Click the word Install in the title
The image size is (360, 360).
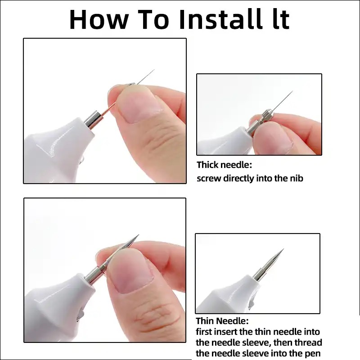(220, 19)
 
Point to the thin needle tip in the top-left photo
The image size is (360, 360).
(154, 70)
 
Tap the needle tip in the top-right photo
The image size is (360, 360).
(293, 91)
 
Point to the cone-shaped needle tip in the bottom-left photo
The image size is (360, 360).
(139, 235)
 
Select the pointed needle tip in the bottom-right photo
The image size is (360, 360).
(283, 249)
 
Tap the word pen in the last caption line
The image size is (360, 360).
(313, 354)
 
